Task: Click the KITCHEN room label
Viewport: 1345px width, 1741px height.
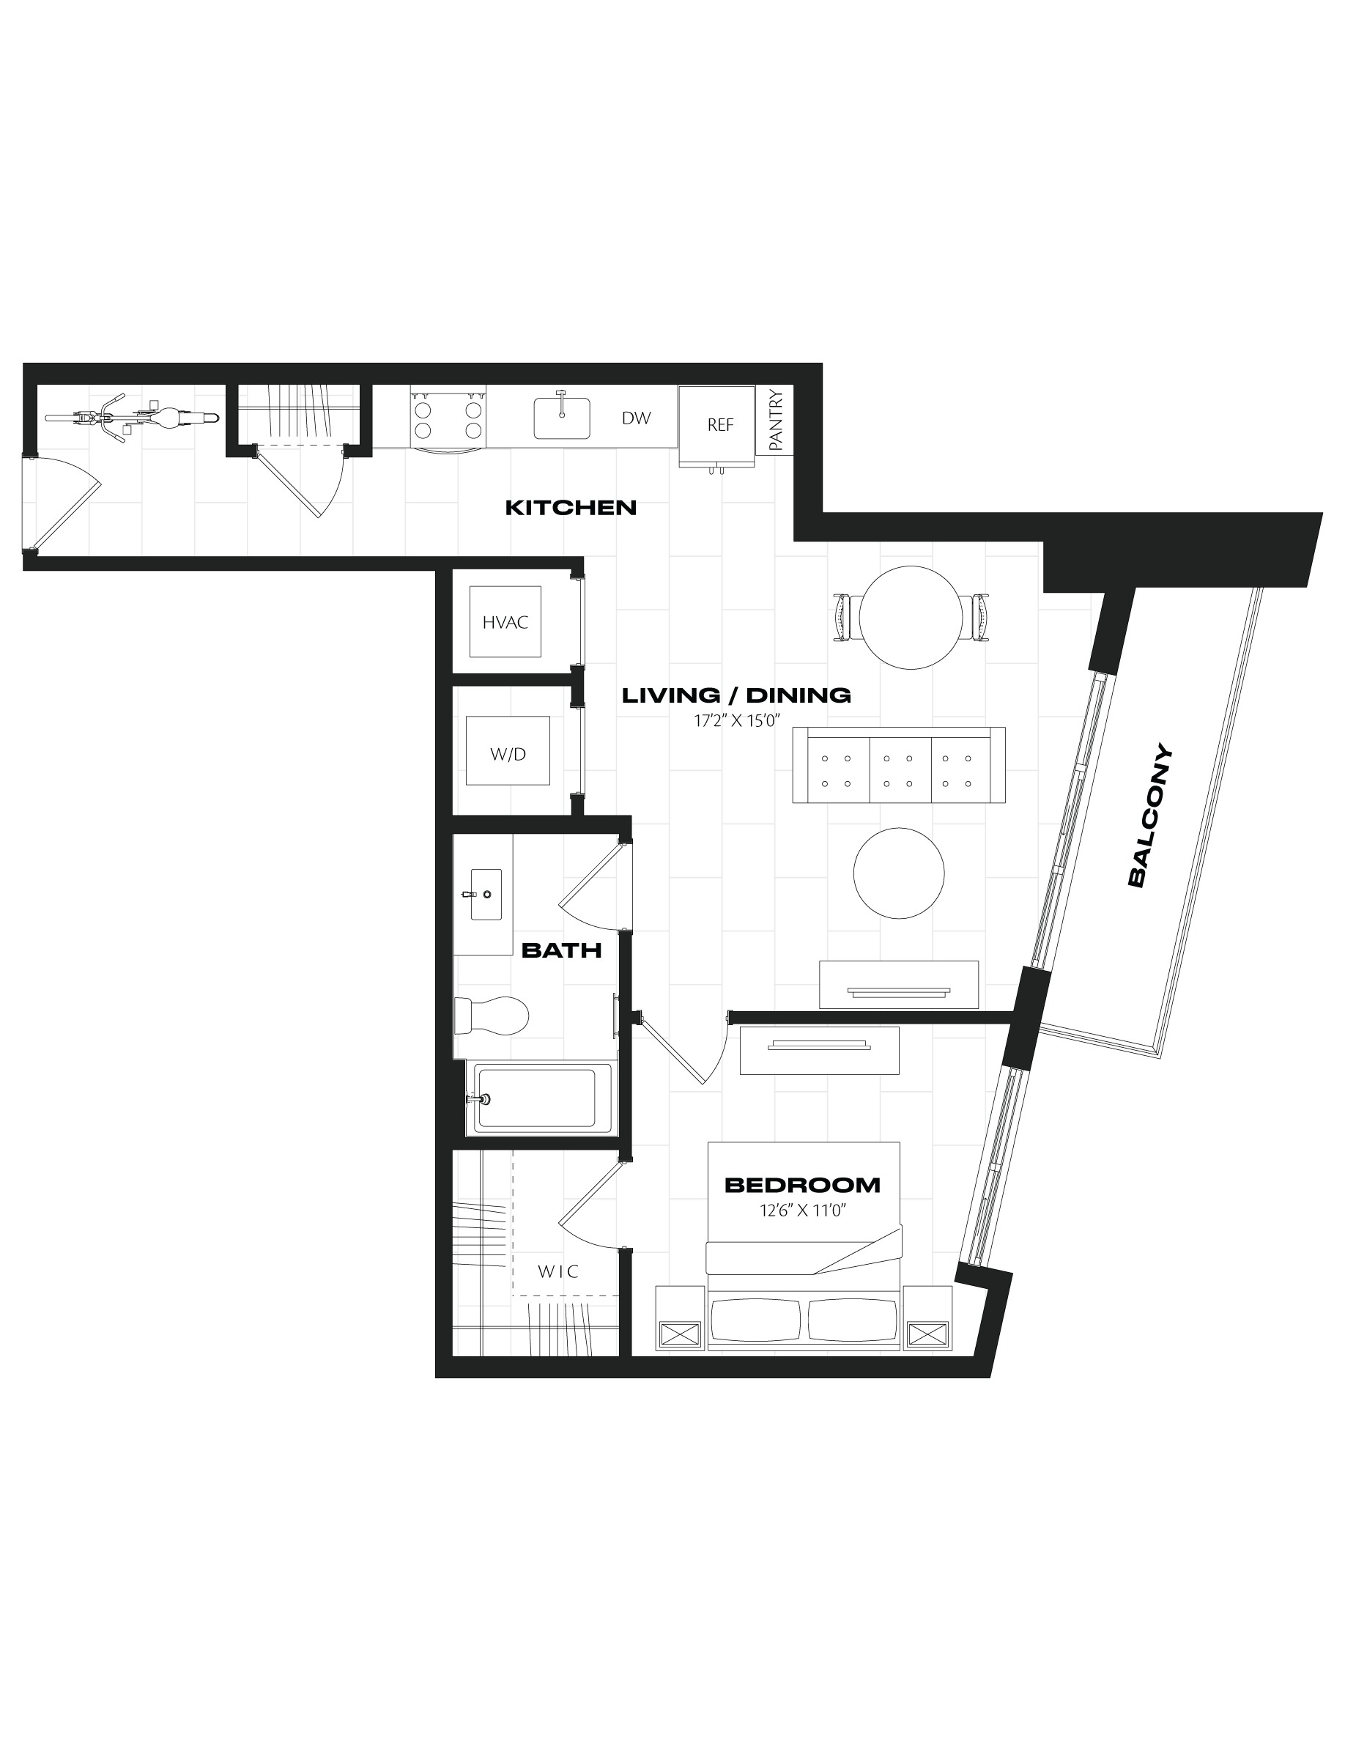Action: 571,508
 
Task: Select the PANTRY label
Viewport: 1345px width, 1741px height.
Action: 777,420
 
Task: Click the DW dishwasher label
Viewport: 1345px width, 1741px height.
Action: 636,418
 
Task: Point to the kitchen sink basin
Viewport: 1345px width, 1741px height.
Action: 562,418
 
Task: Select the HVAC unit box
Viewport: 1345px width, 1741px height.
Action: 505,622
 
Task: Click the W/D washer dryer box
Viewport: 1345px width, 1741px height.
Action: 508,751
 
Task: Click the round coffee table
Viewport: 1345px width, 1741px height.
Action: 899,873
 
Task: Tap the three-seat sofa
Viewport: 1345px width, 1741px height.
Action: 898,765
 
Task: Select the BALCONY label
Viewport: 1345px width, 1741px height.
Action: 1150,815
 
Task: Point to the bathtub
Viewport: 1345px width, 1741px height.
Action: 538,1098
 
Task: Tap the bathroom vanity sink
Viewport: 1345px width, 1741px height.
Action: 485,895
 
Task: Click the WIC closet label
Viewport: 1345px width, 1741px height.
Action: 557,1271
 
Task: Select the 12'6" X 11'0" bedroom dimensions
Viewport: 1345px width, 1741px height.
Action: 802,1210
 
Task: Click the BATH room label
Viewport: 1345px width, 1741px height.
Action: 561,950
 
